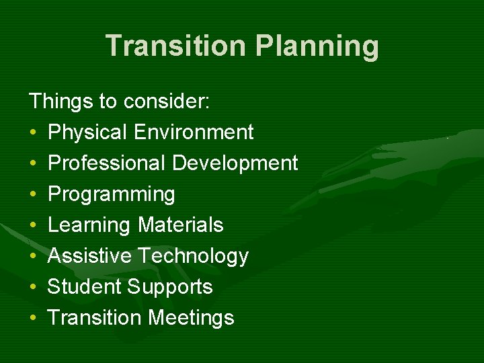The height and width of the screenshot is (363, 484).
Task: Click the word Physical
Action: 87,132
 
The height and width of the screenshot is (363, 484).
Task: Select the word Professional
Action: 107,163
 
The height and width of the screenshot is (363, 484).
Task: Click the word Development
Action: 235,163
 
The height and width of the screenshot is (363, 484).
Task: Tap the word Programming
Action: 112,195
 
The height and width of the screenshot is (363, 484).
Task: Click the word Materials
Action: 180,225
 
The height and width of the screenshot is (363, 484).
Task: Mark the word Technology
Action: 193,257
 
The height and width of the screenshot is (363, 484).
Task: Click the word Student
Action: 84,287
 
